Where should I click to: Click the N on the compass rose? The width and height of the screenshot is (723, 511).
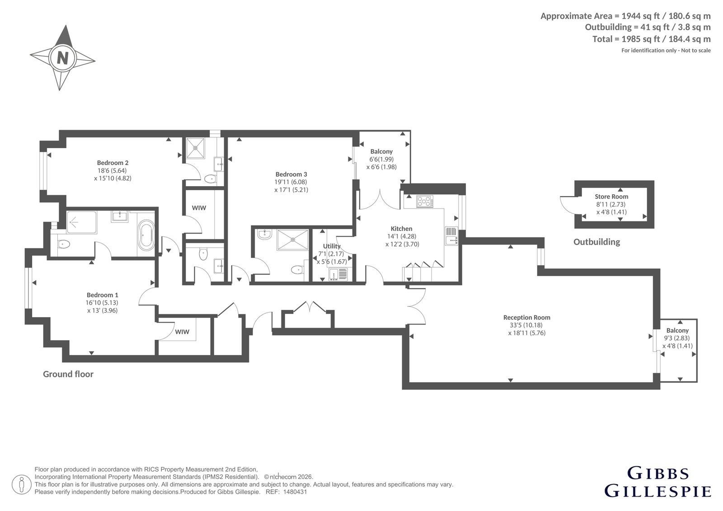[63, 58]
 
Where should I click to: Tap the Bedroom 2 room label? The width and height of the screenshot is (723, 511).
[113, 163]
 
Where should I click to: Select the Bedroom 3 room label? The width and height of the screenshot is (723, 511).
[291, 174]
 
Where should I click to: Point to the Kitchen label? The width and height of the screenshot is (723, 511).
[402, 229]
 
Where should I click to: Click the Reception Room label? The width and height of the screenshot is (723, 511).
[527, 317]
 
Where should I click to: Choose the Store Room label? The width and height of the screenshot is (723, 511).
[611, 197]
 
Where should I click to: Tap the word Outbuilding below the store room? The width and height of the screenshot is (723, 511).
[597, 242]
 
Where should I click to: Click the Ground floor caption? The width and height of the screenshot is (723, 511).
[68, 374]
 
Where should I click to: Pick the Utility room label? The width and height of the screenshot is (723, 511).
[332, 246]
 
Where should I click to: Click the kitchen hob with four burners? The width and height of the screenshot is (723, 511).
[425, 202]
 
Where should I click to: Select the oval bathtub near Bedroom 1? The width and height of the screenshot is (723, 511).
[146, 235]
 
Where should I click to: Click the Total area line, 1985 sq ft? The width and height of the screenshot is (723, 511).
[651, 39]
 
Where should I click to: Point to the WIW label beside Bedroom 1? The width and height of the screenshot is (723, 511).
[182, 332]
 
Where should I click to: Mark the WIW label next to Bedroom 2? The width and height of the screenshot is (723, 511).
[199, 208]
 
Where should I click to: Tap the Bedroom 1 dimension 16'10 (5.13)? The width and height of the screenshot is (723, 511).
[102, 303]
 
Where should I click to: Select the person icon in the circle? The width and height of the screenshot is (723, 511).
[21, 484]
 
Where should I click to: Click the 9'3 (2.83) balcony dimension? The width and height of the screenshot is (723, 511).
[677, 338]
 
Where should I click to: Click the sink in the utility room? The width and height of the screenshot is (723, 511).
[338, 274]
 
